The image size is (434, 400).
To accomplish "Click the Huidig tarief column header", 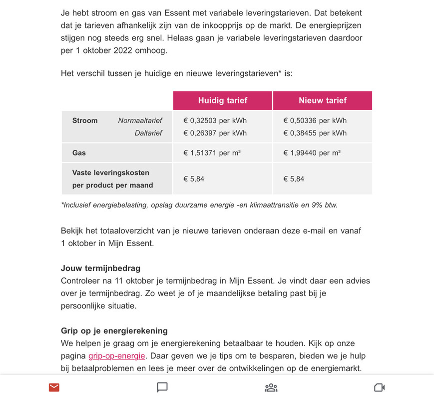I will [222, 100].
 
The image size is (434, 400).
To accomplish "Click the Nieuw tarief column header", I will [323, 100].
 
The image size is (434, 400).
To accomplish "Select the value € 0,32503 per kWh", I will [215, 120].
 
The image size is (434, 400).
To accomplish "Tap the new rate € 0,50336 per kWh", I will [315, 120].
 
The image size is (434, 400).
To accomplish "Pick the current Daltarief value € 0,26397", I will [215, 133].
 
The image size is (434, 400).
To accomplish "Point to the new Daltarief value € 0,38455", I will [315, 133].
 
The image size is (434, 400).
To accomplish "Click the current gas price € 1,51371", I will [212, 152].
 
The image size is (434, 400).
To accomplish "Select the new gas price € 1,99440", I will [312, 152].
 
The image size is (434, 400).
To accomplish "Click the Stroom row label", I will [85, 120].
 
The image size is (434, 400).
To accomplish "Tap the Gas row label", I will [79, 152].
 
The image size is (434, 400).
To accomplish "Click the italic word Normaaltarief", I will [140, 120].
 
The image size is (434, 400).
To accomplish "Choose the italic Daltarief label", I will [148, 133].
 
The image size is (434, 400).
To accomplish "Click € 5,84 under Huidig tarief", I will [194, 178].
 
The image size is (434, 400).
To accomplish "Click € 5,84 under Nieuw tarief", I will [294, 178].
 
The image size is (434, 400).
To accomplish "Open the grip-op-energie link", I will [117, 356].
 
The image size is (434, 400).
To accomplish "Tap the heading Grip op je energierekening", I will [114, 331].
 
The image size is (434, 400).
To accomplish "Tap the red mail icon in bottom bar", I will [54, 387].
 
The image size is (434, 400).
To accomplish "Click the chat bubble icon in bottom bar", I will [162, 387].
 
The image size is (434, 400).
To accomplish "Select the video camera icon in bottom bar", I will [380, 387].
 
